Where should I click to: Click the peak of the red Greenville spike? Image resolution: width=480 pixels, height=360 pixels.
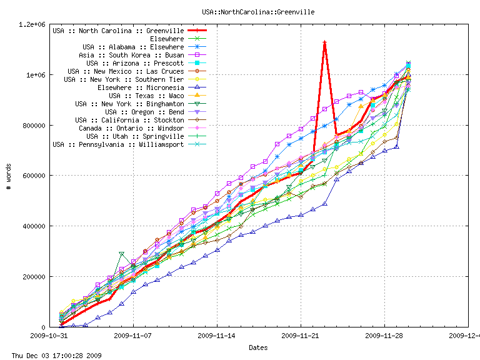[325, 42]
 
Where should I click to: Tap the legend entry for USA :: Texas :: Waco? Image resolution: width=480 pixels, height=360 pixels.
[146, 96]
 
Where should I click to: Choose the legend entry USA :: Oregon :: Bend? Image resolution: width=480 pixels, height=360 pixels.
[144, 112]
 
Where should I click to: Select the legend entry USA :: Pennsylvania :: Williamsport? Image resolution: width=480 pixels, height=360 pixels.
[118, 144]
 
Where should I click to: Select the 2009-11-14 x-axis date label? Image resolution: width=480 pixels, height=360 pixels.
[217, 336]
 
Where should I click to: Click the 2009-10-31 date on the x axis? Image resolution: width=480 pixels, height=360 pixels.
[50, 336]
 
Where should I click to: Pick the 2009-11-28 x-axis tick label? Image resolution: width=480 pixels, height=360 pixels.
[384, 336]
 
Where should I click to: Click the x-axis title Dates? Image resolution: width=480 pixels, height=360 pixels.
[259, 347]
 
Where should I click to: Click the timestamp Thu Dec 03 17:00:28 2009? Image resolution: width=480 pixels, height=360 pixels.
[52, 355]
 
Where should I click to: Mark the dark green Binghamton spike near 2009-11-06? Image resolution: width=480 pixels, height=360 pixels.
[122, 254]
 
